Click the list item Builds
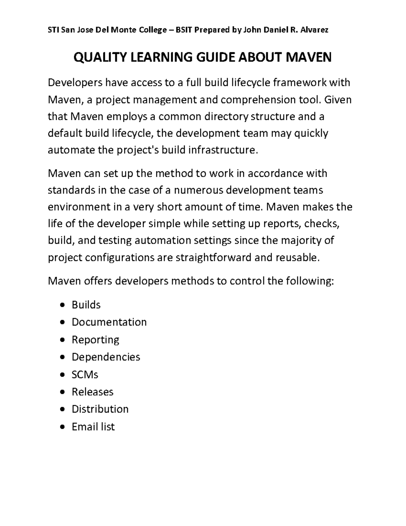pyautogui.click(x=86, y=305)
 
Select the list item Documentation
pyautogui.click(x=109, y=322)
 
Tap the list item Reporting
pyautogui.click(x=95, y=339)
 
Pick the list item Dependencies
pyautogui.click(x=106, y=357)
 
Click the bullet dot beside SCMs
pyautogui.click(x=62, y=375)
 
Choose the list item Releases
pyautogui.click(x=92, y=392)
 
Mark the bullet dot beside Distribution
pyautogui.click(x=62, y=409)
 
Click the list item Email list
pyautogui.click(x=93, y=426)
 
